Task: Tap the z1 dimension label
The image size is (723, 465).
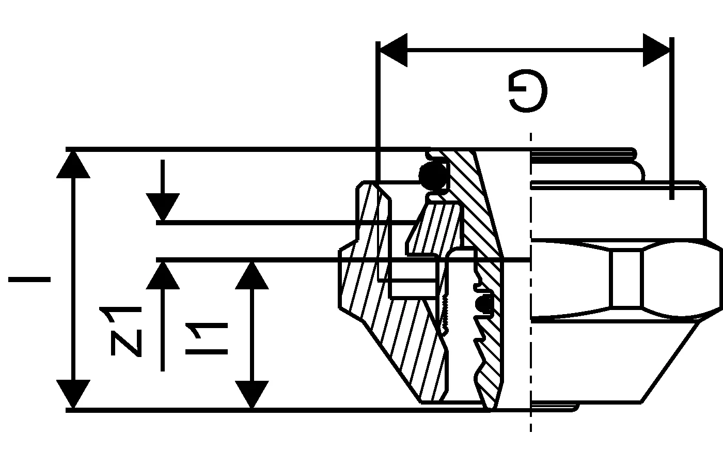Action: click(x=127, y=331)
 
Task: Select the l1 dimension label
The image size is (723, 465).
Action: click(x=206, y=338)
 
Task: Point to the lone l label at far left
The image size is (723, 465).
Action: click(x=29, y=280)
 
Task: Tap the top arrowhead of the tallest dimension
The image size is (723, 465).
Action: click(x=73, y=164)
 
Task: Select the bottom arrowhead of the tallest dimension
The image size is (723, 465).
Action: click(x=73, y=394)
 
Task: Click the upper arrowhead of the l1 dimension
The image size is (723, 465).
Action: click(x=252, y=275)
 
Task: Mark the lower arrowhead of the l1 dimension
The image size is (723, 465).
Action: click(x=252, y=395)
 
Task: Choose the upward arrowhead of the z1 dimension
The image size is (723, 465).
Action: click(x=163, y=275)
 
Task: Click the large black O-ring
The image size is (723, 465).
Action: click(x=433, y=177)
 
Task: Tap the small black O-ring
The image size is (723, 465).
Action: click(x=484, y=304)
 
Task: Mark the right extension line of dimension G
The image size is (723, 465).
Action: click(x=671, y=119)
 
